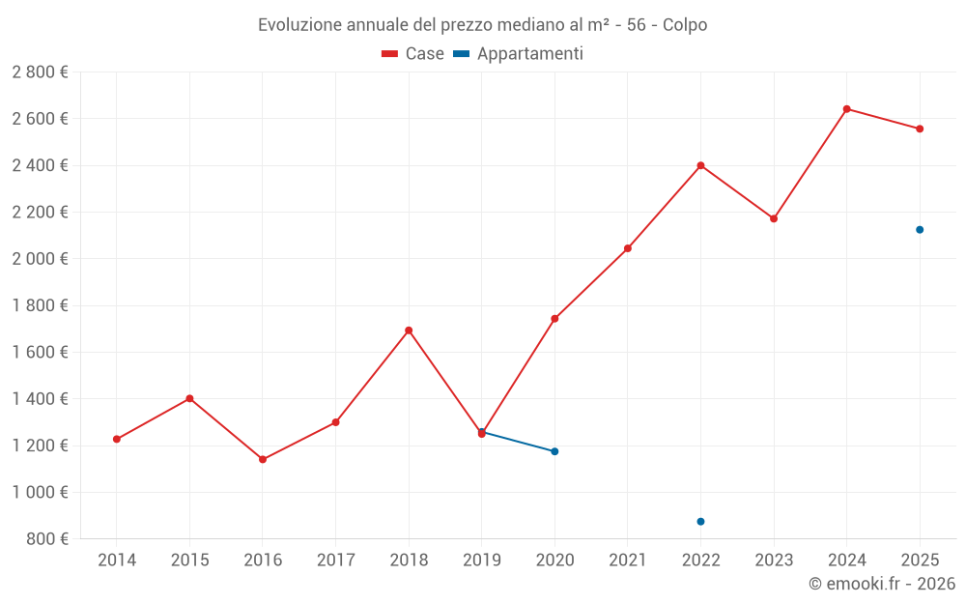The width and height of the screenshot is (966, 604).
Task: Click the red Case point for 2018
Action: tap(409, 331)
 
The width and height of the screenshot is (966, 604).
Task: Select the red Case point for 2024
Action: tap(846, 109)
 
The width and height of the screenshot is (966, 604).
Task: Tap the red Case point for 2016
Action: tap(263, 459)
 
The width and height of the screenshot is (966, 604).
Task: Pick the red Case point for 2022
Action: tap(700, 165)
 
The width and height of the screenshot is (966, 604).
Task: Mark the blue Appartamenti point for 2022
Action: tap(700, 522)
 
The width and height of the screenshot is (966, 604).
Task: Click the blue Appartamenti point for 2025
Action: tap(920, 230)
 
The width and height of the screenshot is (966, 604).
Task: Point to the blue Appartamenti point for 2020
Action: tap(554, 451)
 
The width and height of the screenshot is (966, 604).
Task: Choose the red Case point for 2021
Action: tap(628, 248)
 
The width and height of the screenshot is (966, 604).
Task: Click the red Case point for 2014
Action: tap(117, 439)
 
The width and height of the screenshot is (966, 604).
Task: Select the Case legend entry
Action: tap(413, 54)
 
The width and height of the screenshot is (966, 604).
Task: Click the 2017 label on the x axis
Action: tap(335, 561)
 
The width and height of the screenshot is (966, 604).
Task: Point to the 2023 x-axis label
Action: tap(774, 561)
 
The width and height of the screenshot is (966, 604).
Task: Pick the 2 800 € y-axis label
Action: tap(40, 72)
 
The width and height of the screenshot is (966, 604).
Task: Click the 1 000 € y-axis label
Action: tap(40, 492)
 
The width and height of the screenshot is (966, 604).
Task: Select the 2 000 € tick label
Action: tap(40, 259)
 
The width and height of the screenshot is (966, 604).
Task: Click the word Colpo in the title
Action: tap(685, 25)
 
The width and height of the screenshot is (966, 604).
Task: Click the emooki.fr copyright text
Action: tap(882, 584)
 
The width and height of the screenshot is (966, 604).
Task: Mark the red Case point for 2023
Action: tap(774, 218)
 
